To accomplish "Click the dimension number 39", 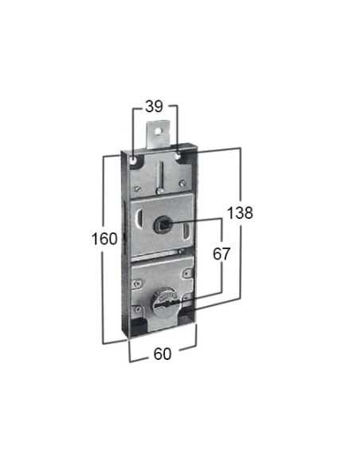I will (x=155, y=106).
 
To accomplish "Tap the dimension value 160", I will (x=104, y=238).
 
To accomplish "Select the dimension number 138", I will (x=239, y=213).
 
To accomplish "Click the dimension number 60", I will (x=162, y=354).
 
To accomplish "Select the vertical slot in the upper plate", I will (x=161, y=176).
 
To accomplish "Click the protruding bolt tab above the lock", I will (x=163, y=132).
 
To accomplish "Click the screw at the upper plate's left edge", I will (x=139, y=189).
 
